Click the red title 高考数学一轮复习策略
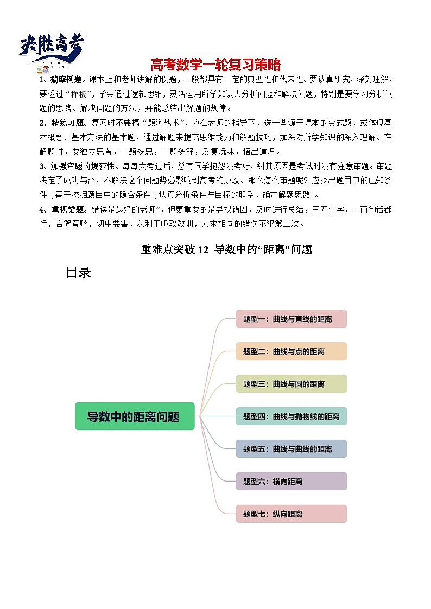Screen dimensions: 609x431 (215, 65)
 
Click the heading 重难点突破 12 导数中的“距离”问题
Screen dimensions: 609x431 (226, 249)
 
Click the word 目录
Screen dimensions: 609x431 (78, 273)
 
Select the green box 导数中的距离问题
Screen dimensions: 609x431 (135, 416)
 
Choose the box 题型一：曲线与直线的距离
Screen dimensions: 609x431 (291, 319)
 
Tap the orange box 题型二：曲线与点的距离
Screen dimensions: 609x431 (291, 351)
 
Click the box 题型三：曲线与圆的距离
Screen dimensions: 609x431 (291, 384)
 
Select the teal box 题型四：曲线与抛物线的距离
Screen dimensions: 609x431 (291, 416)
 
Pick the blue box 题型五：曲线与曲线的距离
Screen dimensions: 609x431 (291, 449)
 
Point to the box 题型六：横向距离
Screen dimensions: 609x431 (291, 482)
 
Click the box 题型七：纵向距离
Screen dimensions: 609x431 (291, 514)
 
